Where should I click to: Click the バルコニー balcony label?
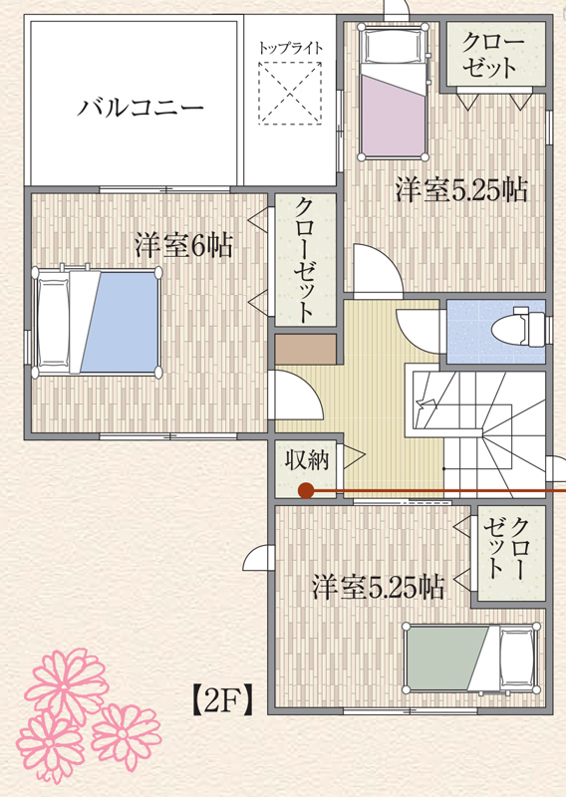pyautogui.click(x=141, y=108)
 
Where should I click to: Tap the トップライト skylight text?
pyautogui.click(x=290, y=48)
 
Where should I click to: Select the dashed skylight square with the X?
pyautogui.click(x=290, y=93)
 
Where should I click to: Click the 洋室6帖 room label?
pyautogui.click(x=183, y=245)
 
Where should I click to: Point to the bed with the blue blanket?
pyautogui.click(x=97, y=322)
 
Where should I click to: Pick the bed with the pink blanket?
pyautogui.click(x=393, y=92)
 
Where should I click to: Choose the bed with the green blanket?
pyautogui.click(x=471, y=658)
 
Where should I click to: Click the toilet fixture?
pyautogui.click(x=519, y=327)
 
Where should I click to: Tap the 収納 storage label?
pyautogui.click(x=306, y=460)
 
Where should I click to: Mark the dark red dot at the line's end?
pyautogui.click(x=305, y=490)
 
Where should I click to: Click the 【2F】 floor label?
pyautogui.click(x=222, y=701)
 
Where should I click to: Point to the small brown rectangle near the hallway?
pyautogui.click(x=306, y=350)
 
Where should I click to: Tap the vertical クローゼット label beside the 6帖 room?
pyautogui.click(x=304, y=260)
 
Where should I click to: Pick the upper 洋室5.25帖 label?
pyautogui.click(x=461, y=190)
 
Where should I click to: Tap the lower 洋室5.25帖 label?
pyautogui.click(x=379, y=588)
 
